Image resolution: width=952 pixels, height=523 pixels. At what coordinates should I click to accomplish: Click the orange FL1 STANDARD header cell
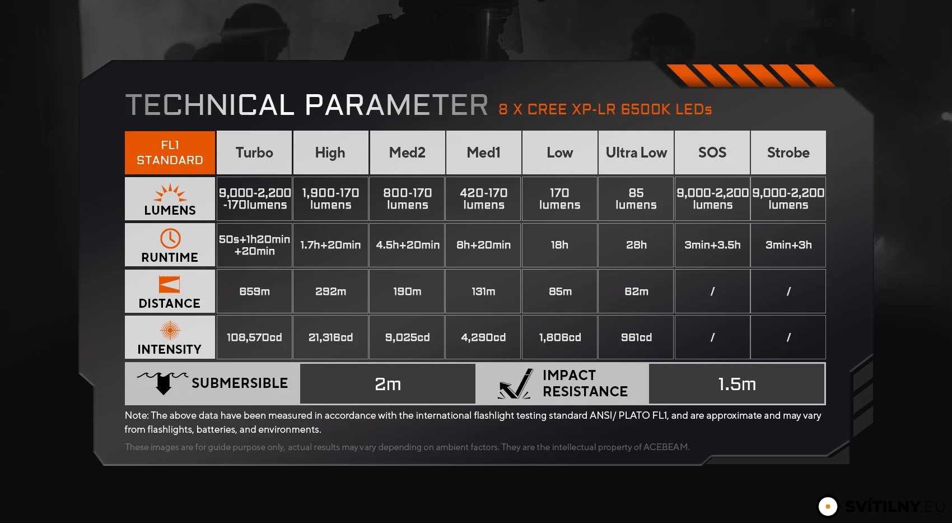point(170,152)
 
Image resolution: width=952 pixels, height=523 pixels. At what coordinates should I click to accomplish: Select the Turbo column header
point(254,152)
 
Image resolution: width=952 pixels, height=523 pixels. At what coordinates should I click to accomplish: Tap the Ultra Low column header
point(636,152)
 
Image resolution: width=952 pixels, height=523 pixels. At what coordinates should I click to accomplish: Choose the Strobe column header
point(788,152)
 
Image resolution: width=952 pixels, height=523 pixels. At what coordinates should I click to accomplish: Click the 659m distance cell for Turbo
point(254,291)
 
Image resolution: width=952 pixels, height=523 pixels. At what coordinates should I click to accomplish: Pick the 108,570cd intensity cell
point(254,337)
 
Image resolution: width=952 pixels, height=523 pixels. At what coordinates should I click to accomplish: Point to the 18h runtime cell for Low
point(559,245)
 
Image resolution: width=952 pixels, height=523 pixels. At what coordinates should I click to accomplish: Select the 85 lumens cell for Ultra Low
point(636,199)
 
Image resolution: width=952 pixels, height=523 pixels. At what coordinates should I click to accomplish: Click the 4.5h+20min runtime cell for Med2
point(407,245)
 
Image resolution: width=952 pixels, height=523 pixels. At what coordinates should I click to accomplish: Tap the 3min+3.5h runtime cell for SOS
point(712,245)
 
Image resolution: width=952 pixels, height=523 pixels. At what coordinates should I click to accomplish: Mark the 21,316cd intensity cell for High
point(330,337)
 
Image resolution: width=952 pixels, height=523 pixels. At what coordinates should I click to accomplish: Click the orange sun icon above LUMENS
point(170,192)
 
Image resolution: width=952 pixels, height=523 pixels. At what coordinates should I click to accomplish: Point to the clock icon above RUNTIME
point(170,238)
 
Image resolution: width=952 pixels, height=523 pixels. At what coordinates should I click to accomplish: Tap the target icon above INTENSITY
point(170,330)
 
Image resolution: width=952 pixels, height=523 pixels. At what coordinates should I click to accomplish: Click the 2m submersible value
point(388,384)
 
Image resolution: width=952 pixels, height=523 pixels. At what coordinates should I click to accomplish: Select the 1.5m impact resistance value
point(737,384)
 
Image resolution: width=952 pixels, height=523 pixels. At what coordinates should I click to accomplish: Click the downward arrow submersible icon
point(163,382)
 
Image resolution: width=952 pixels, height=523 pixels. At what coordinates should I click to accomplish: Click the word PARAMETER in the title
point(396,105)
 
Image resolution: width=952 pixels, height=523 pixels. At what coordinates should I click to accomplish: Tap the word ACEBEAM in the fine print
point(665,447)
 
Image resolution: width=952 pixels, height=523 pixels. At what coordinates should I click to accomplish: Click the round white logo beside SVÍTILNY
point(828,506)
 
